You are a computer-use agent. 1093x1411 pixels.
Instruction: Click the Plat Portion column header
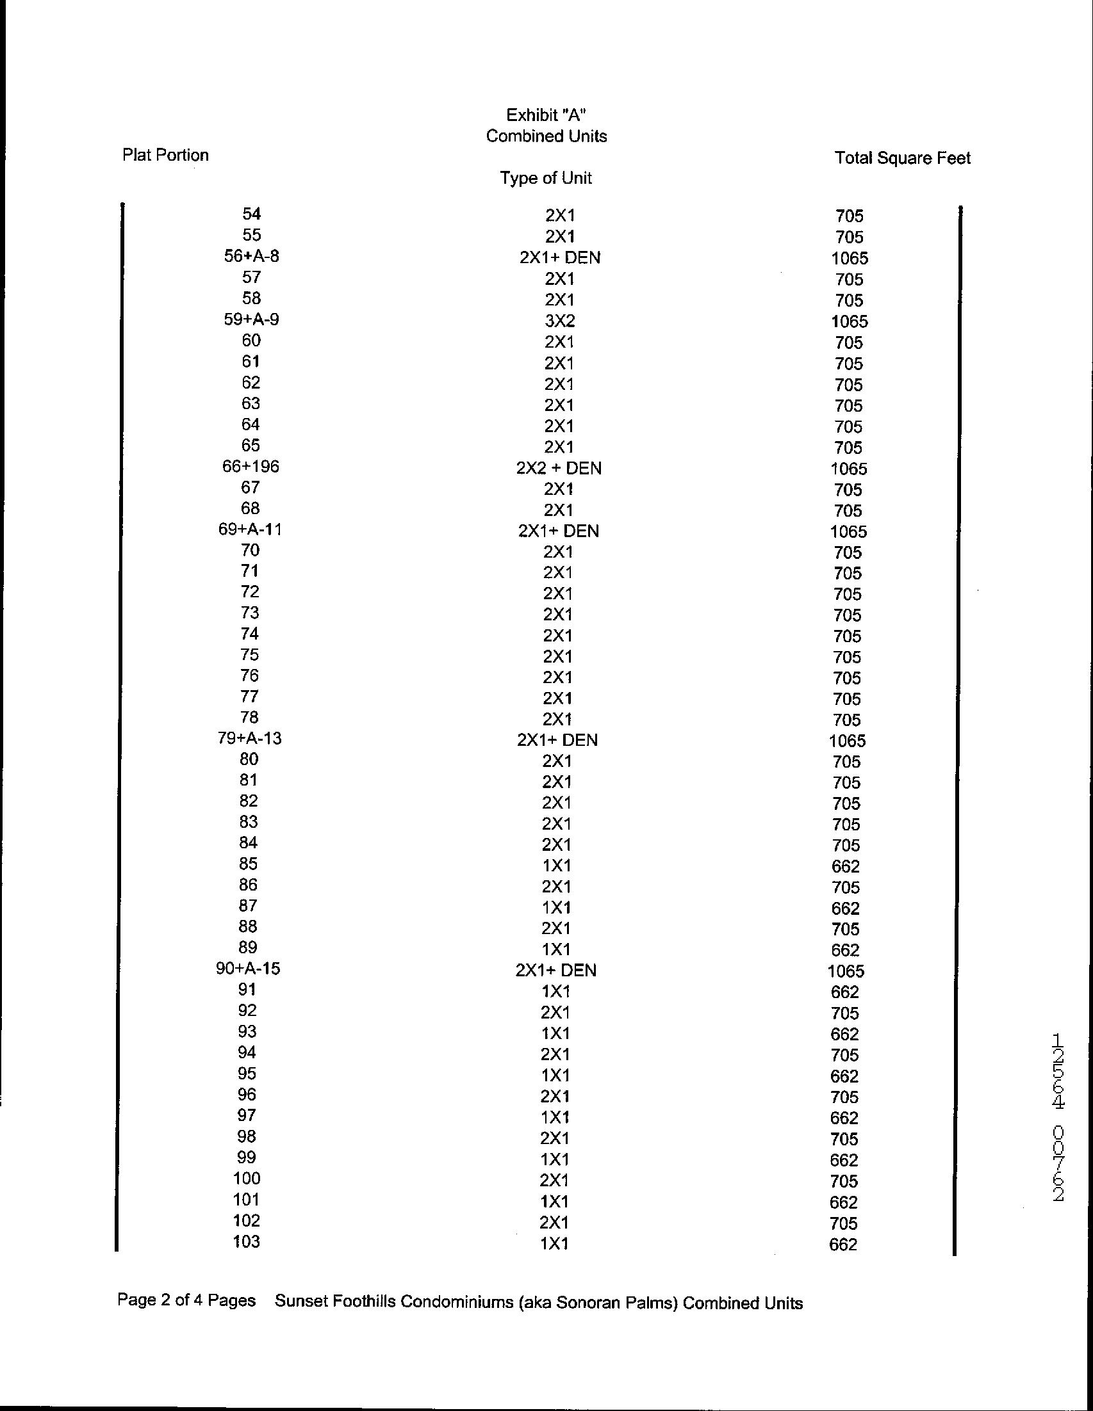[x=165, y=155]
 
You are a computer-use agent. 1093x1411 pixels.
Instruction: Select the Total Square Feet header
[x=902, y=158]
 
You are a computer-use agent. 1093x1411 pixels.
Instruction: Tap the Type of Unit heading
[x=545, y=179]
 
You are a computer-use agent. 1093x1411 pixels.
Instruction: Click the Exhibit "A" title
[x=546, y=115]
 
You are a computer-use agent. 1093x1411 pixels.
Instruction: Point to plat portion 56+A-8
[x=251, y=257]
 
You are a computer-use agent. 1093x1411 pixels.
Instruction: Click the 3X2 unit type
[x=560, y=321]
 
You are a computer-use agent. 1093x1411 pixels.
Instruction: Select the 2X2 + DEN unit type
[x=559, y=468]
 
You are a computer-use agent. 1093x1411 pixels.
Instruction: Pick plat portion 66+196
[x=251, y=467]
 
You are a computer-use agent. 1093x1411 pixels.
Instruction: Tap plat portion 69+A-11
[x=250, y=530]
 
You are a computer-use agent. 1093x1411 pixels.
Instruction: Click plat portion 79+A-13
[x=249, y=738]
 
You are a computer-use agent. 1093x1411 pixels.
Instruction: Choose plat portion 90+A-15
[x=248, y=969]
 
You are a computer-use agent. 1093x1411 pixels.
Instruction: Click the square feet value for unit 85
[x=846, y=866]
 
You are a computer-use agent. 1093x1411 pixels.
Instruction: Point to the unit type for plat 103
[x=555, y=1244]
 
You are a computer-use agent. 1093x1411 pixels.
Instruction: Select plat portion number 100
[x=247, y=1179]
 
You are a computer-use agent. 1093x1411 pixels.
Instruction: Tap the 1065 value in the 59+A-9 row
[x=850, y=322]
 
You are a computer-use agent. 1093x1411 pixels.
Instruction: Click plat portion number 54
[x=251, y=214]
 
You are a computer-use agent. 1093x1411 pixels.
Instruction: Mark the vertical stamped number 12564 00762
[x=1058, y=1118]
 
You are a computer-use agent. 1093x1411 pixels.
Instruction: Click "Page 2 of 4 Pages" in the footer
[x=186, y=1300]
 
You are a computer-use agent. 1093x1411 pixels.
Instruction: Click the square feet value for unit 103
[x=843, y=1245]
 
